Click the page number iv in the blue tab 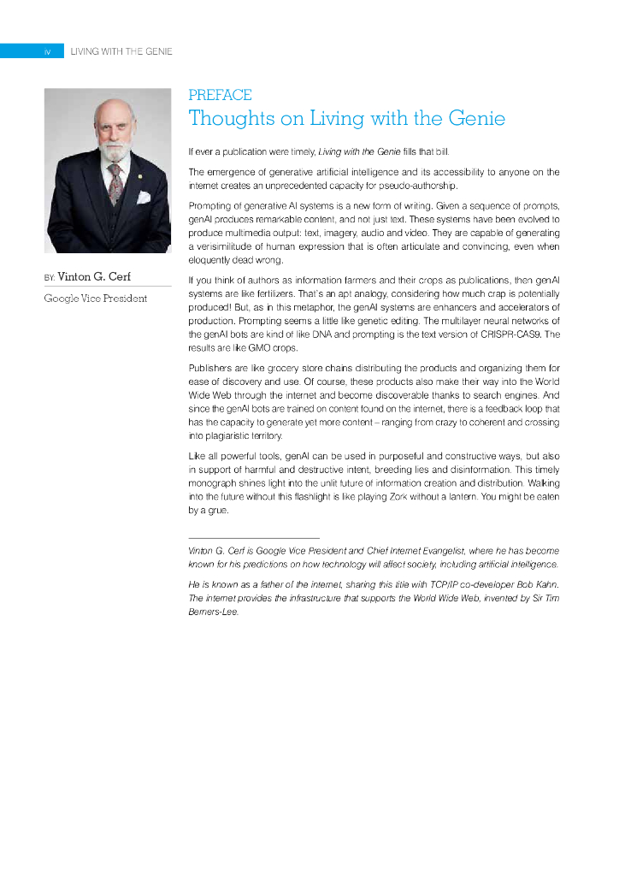[x=48, y=52]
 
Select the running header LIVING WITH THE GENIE [x=121, y=52]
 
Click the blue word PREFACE [x=220, y=95]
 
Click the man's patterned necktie [x=115, y=182]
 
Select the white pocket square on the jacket [x=144, y=197]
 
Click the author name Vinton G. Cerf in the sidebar [x=94, y=277]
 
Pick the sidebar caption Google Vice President [x=96, y=299]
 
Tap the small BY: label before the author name [x=49, y=279]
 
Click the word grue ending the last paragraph [x=220, y=511]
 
